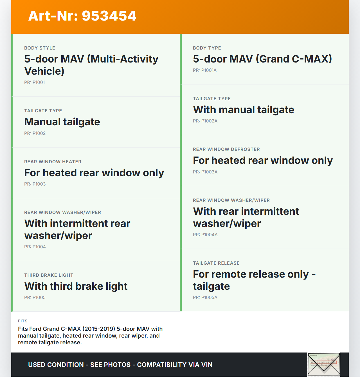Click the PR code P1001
click(x=34, y=82)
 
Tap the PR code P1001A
click(x=204, y=70)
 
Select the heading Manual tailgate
click(x=62, y=122)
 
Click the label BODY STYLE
click(x=40, y=48)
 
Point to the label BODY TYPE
click(x=207, y=48)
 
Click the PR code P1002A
click(x=205, y=121)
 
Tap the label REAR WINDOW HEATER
click(x=53, y=162)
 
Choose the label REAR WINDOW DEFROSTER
click(x=226, y=149)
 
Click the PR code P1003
click(x=35, y=184)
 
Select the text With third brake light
click(x=76, y=286)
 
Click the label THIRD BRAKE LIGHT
click(x=49, y=275)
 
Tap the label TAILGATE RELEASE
click(x=216, y=263)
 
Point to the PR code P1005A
click(x=205, y=297)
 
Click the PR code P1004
click(x=35, y=247)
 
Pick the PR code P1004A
click(x=205, y=235)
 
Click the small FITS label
click(x=23, y=321)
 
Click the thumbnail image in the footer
click(x=324, y=364)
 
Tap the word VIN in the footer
click(x=207, y=365)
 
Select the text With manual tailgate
click(x=244, y=110)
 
